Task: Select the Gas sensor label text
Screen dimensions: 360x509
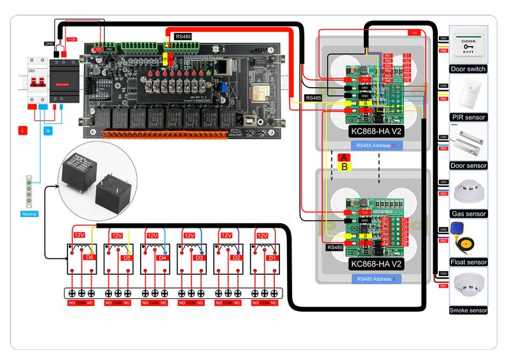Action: point(468,214)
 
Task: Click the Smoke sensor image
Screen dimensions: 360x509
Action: point(468,287)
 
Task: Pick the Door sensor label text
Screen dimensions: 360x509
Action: point(468,165)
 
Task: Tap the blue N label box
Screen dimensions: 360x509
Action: point(48,130)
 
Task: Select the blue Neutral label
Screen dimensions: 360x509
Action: point(29,214)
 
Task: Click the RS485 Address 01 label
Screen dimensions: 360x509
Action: point(377,146)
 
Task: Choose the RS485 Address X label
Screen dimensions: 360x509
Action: point(377,279)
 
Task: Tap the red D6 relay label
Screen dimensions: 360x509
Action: point(89,258)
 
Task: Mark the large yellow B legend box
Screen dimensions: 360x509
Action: point(344,167)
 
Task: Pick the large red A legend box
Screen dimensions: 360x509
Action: point(344,158)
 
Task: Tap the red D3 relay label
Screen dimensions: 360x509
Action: point(199,258)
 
